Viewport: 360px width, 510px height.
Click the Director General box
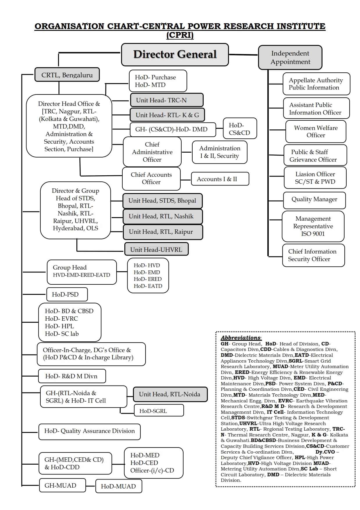pyautogui.click(x=175, y=55)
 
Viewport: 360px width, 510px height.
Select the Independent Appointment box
pyautogui.click(x=290, y=58)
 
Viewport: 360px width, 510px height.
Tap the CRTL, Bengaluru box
pyautogui.click(x=67, y=75)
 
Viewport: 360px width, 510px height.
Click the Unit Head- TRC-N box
pyautogui.click(x=166, y=100)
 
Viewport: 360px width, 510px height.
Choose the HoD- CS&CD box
pyautogui.click(x=240, y=129)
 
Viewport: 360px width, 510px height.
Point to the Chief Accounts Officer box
pyautogui.click(x=151, y=178)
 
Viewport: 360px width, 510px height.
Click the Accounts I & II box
pyautogui.click(x=220, y=179)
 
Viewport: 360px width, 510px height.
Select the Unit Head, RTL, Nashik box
pyautogui.click(x=162, y=216)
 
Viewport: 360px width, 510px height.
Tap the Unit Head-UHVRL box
pyautogui.click(x=156, y=249)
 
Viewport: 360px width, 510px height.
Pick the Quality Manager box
pyautogui.click(x=314, y=199)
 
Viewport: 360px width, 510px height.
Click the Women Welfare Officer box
pyautogui.click(x=316, y=131)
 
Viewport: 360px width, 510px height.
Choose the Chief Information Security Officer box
pyautogui.click(x=313, y=255)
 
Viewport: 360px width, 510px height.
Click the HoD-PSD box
pyautogui.click(x=67, y=294)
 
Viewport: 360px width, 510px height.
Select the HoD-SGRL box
pyautogui.click(x=159, y=411)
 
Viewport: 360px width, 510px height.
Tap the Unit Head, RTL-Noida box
pyautogui.click(x=170, y=394)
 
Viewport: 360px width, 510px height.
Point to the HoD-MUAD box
pyautogui.click(x=119, y=486)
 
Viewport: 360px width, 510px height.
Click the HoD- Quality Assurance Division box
pyautogui.click(x=89, y=431)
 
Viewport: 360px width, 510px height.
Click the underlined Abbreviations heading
pyautogui.click(x=241, y=338)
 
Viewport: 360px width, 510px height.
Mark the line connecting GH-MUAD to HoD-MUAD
pyautogui.click(x=91, y=486)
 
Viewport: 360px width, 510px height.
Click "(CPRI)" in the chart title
pyautogui.click(x=180, y=35)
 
